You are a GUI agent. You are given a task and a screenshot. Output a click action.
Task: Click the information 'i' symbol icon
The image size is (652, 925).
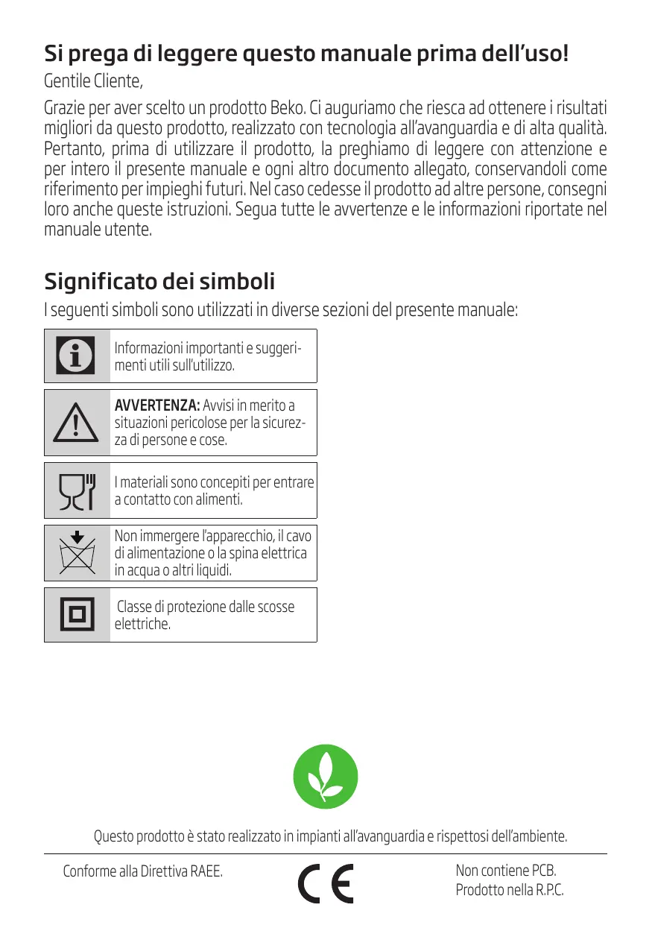[76, 356]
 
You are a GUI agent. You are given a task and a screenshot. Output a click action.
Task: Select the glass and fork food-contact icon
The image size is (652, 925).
[77, 490]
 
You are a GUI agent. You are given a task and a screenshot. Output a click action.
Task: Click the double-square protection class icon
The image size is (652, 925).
[77, 615]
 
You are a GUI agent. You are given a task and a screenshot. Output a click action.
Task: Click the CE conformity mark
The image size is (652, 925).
[326, 883]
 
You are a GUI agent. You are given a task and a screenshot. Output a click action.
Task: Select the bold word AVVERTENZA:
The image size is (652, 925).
[156, 405]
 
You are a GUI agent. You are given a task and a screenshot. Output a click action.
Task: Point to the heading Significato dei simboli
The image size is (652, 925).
[159, 282]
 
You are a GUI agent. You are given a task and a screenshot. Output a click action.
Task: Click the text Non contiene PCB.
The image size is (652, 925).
[506, 871]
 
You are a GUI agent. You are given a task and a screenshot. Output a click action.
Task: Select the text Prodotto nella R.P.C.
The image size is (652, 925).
[510, 890]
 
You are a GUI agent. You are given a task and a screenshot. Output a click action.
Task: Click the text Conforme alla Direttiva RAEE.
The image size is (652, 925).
[142, 871]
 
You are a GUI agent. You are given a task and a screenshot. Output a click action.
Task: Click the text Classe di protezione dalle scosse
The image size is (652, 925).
[206, 606]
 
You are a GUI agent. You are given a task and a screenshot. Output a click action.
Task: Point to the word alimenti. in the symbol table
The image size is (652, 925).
[219, 499]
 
